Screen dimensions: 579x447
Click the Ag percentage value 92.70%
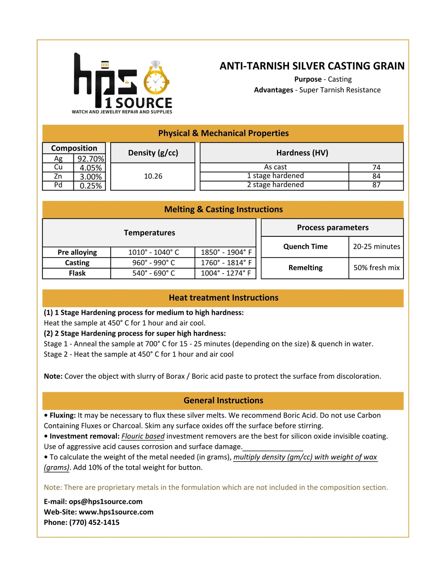91,159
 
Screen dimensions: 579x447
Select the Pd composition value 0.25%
91,186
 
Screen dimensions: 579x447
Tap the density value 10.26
153,176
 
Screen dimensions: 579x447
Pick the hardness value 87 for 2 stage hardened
376,185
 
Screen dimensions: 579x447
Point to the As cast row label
275,167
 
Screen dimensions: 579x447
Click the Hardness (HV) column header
302,153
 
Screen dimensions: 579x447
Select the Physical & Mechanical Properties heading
223,133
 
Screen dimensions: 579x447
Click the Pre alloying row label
77,252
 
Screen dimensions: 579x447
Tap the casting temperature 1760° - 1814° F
226,263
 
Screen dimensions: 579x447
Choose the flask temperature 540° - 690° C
153,273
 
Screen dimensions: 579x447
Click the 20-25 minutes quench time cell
376,246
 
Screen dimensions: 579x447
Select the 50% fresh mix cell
376,268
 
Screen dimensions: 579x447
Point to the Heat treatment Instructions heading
223,298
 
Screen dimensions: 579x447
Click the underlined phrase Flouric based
143,436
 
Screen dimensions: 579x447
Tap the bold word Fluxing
63,415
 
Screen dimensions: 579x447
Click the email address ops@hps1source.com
105,501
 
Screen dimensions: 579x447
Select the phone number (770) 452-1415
94,522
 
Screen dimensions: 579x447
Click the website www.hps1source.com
116,512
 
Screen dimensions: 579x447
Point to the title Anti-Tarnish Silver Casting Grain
312,66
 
